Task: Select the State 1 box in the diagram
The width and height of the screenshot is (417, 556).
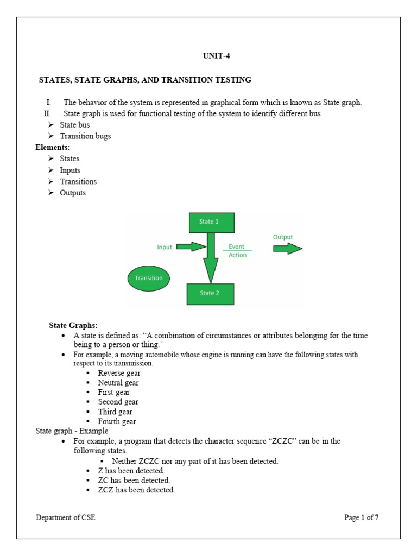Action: [212, 222]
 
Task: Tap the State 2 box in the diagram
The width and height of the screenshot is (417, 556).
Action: [211, 294]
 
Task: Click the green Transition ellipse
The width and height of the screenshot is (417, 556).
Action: [149, 278]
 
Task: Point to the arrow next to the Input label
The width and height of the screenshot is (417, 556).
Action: [191, 247]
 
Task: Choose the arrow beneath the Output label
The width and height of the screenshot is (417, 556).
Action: [287, 249]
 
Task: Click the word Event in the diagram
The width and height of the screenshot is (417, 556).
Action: [237, 247]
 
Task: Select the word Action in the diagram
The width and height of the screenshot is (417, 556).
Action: [237, 255]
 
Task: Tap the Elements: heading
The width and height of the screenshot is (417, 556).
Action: [53, 147]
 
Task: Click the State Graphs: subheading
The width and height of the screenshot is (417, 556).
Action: [73, 326]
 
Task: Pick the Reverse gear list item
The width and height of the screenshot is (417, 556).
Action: [119, 373]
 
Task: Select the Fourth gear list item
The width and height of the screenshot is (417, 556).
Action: [117, 421]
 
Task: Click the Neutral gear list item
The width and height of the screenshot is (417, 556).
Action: [118, 383]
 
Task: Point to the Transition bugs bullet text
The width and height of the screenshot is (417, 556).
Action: [85, 136]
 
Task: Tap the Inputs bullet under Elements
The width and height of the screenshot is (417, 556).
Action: [70, 170]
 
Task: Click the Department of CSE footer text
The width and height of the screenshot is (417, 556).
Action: [66, 517]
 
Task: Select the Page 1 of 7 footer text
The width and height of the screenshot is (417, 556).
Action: [361, 517]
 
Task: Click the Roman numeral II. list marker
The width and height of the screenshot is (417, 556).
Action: [48, 113]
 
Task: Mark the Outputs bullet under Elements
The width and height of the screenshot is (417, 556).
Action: [73, 193]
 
